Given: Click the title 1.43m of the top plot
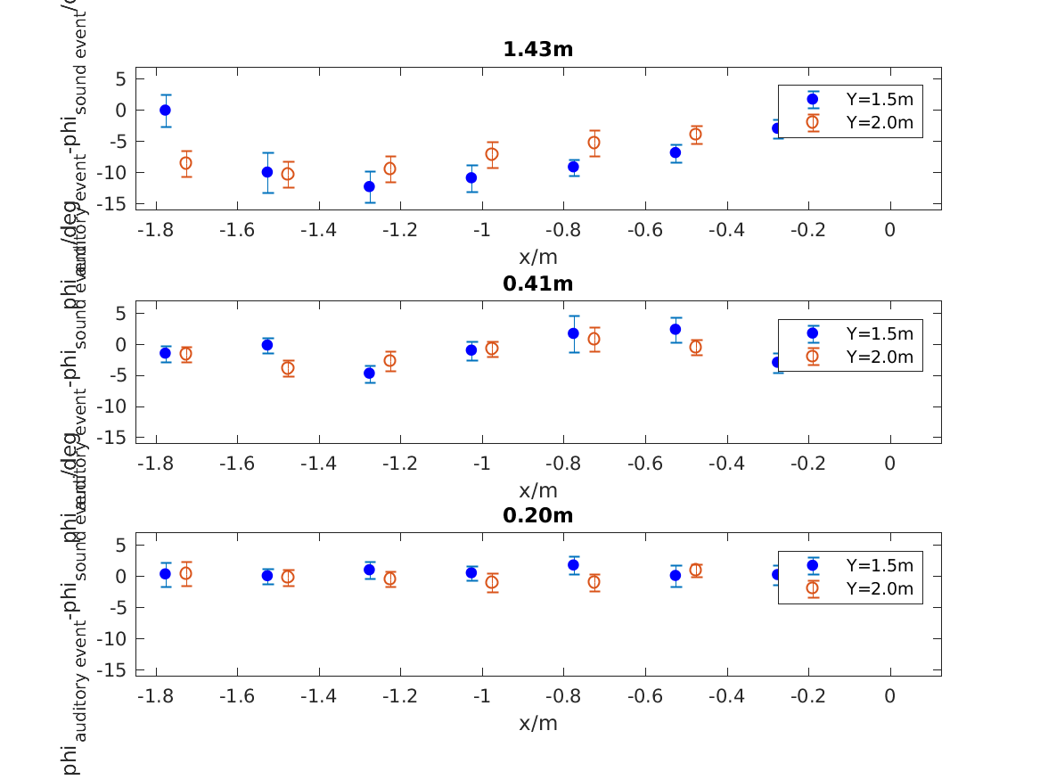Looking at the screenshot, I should (x=537, y=50).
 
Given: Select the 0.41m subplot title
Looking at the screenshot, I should (x=537, y=283).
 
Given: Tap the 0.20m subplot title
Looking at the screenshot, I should (x=537, y=515).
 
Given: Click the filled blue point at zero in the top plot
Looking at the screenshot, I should (x=165, y=110).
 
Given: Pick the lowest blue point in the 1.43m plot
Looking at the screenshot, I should (x=369, y=186).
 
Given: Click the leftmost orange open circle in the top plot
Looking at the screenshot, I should (x=185, y=163).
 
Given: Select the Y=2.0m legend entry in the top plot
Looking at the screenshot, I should (x=879, y=123).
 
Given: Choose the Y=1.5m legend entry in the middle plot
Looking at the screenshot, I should (x=879, y=333).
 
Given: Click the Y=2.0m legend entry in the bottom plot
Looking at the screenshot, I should (x=879, y=588).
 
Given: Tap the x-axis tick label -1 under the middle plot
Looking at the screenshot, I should (x=482, y=464).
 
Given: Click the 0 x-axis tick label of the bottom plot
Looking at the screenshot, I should (x=889, y=696).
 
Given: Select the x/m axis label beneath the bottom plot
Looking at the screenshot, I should (x=537, y=723).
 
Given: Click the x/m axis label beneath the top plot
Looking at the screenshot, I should (x=537, y=257).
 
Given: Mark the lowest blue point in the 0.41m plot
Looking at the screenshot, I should (x=369, y=374).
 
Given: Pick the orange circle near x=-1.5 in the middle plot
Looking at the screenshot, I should (x=288, y=368).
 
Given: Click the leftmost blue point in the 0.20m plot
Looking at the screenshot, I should (x=165, y=574).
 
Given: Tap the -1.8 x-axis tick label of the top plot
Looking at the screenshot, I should (x=156, y=231).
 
